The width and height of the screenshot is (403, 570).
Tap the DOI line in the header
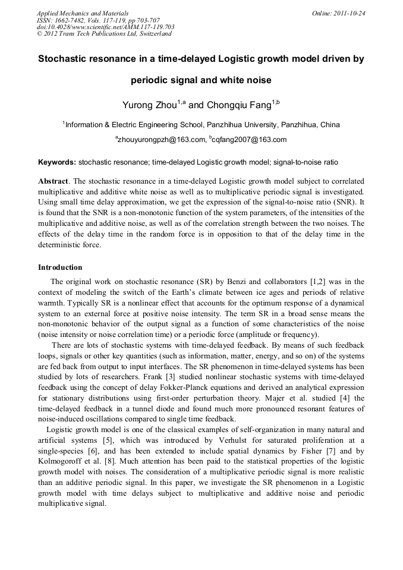point(106,27)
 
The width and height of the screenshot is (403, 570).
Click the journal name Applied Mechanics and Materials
point(83,12)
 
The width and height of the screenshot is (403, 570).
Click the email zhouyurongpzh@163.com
point(160,140)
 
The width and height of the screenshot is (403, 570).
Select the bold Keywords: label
point(57,162)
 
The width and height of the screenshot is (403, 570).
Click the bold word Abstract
point(53,180)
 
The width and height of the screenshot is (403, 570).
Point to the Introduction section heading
point(60,267)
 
